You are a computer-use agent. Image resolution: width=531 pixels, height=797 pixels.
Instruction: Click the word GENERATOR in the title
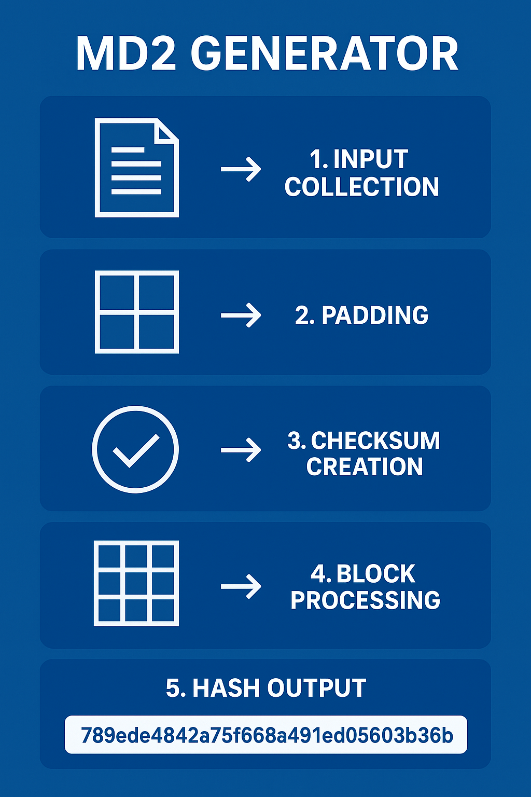(325, 54)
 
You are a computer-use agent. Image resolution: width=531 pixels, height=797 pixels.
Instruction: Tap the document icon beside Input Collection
(137, 168)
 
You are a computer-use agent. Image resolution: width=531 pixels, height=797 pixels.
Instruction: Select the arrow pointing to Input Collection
(241, 169)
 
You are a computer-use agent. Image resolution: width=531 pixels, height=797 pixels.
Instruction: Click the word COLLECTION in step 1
(362, 187)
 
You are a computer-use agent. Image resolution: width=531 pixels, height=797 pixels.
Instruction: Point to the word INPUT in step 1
(370, 159)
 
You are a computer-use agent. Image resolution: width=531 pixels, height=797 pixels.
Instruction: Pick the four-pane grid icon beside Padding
(137, 312)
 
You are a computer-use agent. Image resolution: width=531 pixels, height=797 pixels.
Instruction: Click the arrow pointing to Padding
(241, 315)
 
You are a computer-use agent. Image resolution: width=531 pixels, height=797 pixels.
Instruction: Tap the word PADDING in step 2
(375, 315)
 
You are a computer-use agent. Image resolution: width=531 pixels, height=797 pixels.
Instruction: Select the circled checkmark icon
(135, 449)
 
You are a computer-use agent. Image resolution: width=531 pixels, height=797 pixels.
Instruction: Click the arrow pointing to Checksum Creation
(241, 450)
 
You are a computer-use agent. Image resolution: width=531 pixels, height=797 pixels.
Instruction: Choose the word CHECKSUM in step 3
(375, 441)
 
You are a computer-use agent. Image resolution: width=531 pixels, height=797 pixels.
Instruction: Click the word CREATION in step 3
(365, 466)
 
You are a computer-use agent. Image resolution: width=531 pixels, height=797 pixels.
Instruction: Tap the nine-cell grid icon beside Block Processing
(136, 583)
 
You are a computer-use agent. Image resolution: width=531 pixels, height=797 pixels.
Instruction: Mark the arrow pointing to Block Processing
(241, 586)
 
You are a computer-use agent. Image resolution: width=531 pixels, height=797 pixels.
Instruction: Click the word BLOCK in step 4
(376, 574)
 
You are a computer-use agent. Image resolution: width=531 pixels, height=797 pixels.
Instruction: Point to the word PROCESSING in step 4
(365, 600)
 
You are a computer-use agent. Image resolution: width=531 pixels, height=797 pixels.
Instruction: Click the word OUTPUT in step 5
(316, 688)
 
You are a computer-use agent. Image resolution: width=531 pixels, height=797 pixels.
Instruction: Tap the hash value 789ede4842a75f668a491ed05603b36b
(267, 735)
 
